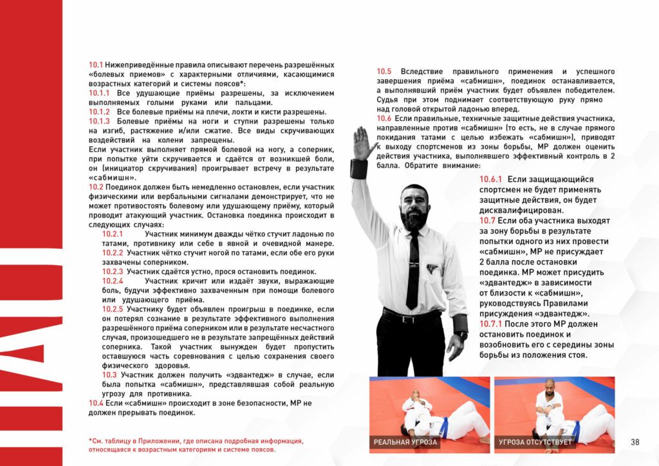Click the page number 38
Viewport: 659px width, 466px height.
coord(635,442)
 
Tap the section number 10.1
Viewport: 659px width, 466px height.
coord(96,66)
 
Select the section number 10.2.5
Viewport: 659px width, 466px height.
coord(113,309)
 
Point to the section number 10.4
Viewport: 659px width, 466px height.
coord(97,403)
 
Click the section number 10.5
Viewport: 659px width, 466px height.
coord(384,71)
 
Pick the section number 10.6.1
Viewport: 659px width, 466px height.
coord(490,180)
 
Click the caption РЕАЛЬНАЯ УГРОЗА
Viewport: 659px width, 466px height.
coord(407,443)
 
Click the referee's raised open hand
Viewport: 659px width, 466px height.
coord(362,143)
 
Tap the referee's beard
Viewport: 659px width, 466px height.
coord(413,219)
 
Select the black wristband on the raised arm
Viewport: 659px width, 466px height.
coord(358,169)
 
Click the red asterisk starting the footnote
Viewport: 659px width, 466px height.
coord(91,441)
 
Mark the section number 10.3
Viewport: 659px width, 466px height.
coord(109,375)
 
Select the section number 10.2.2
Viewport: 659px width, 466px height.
coord(113,253)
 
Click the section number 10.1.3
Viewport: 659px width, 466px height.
coord(99,121)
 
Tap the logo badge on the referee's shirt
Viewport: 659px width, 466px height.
coord(432,268)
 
